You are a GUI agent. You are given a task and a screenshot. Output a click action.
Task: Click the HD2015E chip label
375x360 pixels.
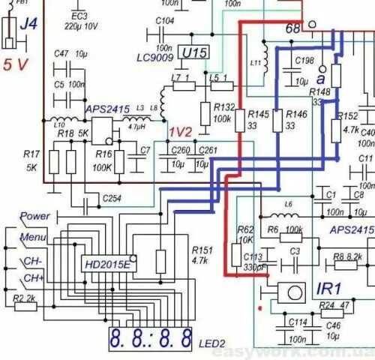(x=106, y=265)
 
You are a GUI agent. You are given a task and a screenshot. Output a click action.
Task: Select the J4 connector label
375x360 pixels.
(x=28, y=25)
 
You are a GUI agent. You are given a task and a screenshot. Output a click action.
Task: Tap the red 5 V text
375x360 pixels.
(x=16, y=64)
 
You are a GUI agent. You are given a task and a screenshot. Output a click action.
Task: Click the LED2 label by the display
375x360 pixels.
(x=211, y=343)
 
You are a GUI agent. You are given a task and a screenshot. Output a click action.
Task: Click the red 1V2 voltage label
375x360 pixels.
(x=180, y=131)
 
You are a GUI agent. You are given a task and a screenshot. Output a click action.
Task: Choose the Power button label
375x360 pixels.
(x=35, y=216)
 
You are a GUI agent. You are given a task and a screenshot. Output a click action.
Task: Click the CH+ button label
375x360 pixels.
(x=32, y=279)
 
